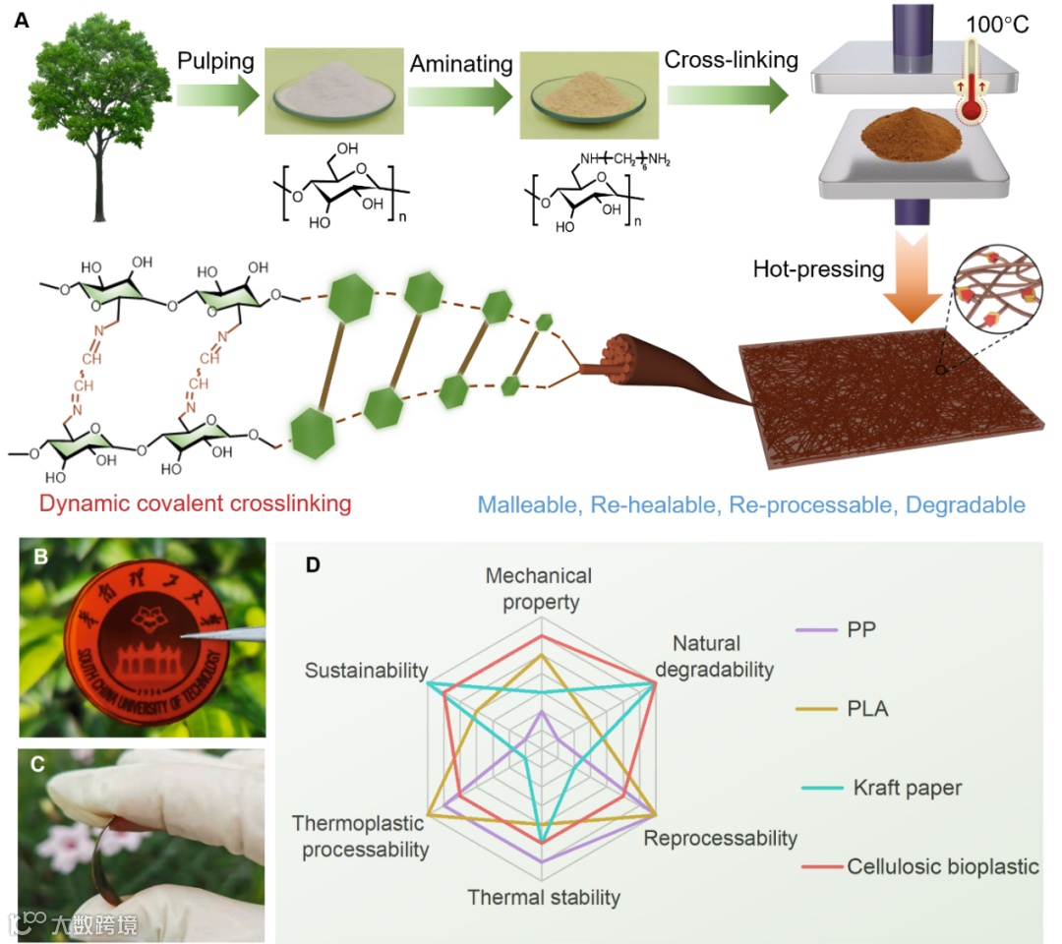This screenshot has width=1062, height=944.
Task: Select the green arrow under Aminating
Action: (x=460, y=99)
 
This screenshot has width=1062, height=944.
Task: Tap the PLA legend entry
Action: (x=865, y=707)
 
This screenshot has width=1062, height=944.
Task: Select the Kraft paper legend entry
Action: (x=905, y=788)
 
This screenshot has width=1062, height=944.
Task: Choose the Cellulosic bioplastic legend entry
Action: (x=940, y=867)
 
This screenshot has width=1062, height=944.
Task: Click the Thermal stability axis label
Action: (x=544, y=897)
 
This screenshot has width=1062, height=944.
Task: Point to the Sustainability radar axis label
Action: (x=366, y=671)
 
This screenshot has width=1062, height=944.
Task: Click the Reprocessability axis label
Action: (x=720, y=839)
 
